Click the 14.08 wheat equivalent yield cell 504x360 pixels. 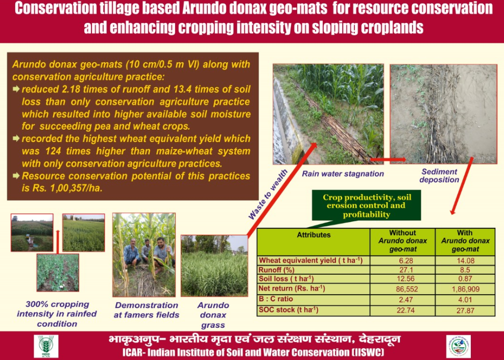[x=465, y=260]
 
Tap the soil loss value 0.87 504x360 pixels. [x=465, y=279]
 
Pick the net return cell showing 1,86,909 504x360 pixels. [x=465, y=289]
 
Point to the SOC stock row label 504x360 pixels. [x=289, y=310]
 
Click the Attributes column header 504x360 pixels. [x=314, y=235]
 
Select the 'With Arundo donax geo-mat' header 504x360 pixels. [x=465, y=241]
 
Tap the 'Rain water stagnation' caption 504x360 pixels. [x=343, y=174]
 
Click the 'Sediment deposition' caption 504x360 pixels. [x=439, y=176]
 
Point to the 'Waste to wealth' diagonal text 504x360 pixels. [x=268, y=195]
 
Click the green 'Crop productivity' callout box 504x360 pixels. [x=366, y=206]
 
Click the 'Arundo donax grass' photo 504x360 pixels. [x=214, y=266]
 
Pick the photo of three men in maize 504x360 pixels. [x=143, y=255]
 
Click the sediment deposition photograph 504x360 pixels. [x=443, y=114]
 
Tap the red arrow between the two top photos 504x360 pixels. [x=388, y=159]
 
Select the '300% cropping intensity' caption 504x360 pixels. [x=57, y=314]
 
